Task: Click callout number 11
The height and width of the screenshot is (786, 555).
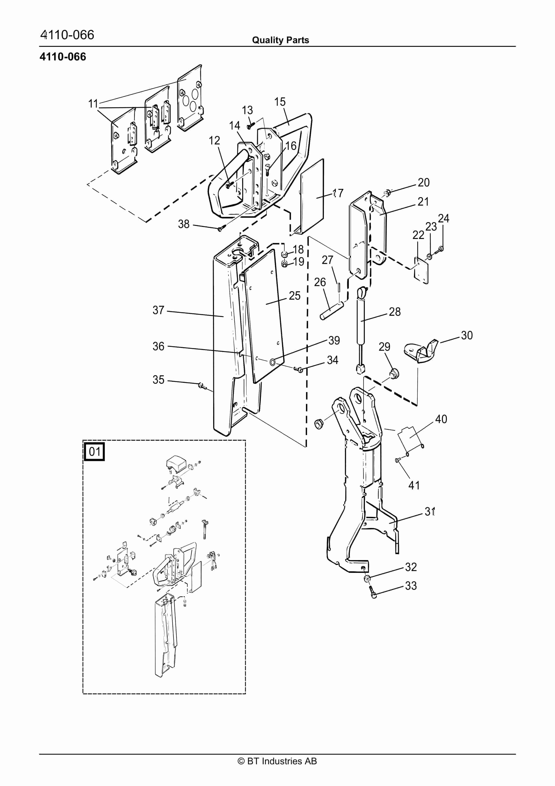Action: click(x=93, y=103)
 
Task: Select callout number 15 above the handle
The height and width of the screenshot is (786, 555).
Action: click(x=280, y=102)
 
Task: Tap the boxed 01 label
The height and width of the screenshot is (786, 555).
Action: click(x=94, y=452)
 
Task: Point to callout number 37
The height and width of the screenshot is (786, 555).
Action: click(x=158, y=310)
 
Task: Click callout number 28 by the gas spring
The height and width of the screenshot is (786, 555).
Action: click(x=395, y=312)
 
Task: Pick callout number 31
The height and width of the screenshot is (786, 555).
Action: click(x=430, y=512)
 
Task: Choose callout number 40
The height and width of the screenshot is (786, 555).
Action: click(x=441, y=419)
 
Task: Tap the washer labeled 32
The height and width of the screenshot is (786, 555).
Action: click(x=367, y=578)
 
